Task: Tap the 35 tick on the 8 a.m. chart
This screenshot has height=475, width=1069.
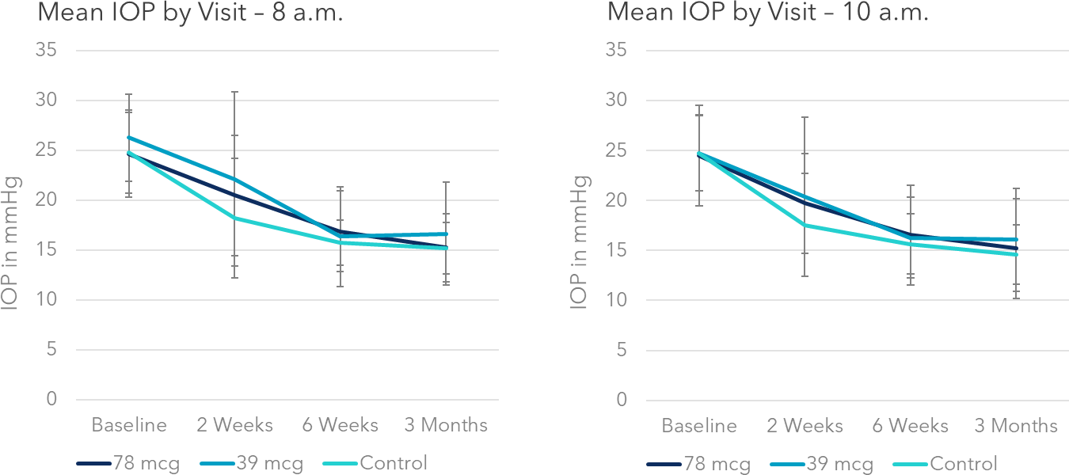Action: [45, 51]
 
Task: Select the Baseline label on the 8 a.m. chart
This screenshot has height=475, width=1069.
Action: [129, 425]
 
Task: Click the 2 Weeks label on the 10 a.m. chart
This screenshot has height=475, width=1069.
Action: [805, 426]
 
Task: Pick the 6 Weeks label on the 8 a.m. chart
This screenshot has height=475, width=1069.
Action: [340, 425]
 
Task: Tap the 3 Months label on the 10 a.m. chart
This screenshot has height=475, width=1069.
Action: [1015, 426]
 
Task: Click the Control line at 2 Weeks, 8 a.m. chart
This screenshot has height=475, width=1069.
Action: [234, 218]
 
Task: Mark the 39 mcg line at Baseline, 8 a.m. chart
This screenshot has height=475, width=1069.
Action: [129, 137]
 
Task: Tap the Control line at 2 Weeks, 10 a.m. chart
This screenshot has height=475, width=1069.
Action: [805, 225]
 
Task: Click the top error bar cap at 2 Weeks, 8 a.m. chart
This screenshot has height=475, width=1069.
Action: [234, 92]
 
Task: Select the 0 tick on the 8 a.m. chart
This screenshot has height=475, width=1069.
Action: [51, 400]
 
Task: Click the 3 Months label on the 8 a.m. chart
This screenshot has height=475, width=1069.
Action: [446, 425]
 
